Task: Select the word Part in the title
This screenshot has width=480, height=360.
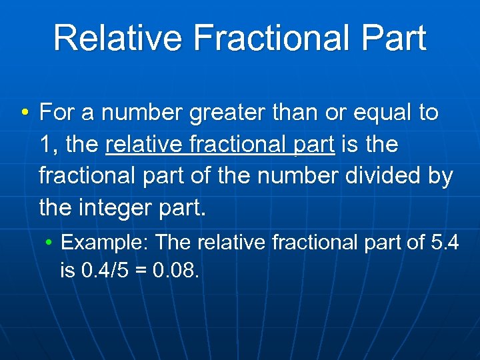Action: (x=393, y=38)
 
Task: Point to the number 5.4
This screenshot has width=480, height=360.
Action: (x=444, y=242)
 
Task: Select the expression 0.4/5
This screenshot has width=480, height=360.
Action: (x=107, y=271)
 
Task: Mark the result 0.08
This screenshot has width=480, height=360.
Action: (x=176, y=271)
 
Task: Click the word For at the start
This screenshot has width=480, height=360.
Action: (x=57, y=113)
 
